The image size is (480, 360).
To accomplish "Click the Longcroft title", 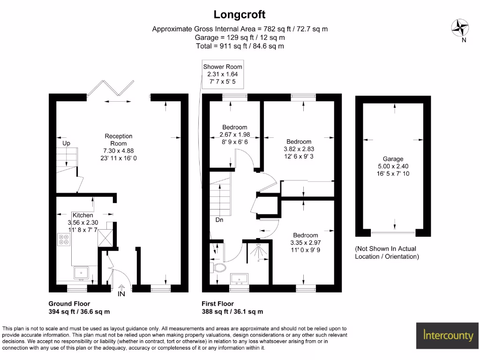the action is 240,15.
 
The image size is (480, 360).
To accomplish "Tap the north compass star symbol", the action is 460,28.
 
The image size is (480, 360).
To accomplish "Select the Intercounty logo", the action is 447,336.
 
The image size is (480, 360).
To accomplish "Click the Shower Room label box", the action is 223,74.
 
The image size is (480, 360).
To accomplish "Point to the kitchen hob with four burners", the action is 64,240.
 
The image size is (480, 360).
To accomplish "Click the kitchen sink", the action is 81,273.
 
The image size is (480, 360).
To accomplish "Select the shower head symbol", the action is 257,250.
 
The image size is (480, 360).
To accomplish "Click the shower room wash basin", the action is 239,279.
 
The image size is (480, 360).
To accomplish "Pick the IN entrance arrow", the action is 121,287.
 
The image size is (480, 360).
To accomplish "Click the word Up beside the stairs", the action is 66,143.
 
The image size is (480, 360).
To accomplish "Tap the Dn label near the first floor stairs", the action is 219,220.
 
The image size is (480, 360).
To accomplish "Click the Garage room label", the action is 393,159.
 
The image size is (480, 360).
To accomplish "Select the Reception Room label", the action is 119,140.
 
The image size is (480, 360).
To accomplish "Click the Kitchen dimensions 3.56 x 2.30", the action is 83,223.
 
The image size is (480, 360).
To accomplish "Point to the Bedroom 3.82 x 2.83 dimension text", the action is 299,149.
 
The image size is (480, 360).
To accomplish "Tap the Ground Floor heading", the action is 69,304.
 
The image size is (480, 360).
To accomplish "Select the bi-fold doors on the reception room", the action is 111,88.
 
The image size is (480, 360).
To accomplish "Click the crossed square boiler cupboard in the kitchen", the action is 105,238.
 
